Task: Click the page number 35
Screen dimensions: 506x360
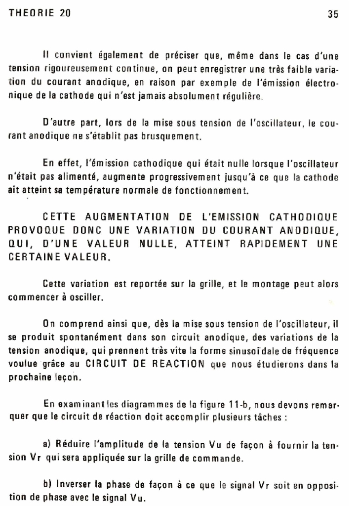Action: [332, 14]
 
